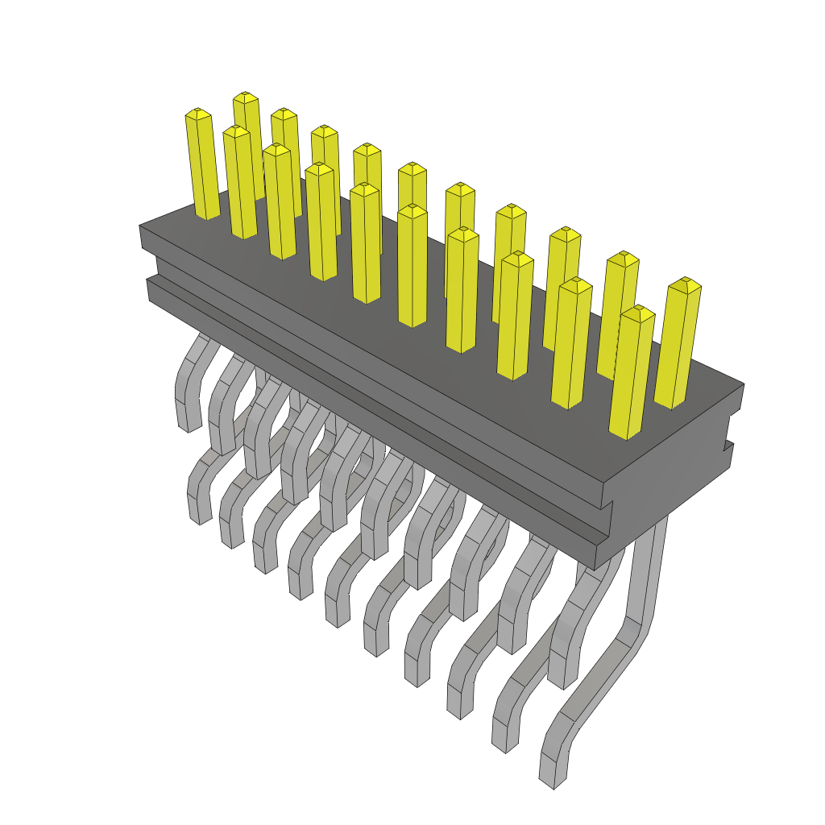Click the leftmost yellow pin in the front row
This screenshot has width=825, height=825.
tap(201, 165)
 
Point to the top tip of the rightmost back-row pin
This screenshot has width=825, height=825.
tap(684, 284)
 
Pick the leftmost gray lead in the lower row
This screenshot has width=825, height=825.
tap(198, 487)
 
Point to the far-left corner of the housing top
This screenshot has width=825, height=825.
tap(140, 226)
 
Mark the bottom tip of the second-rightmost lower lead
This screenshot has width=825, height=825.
tap(504, 745)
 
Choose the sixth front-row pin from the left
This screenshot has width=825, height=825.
tap(412, 266)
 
